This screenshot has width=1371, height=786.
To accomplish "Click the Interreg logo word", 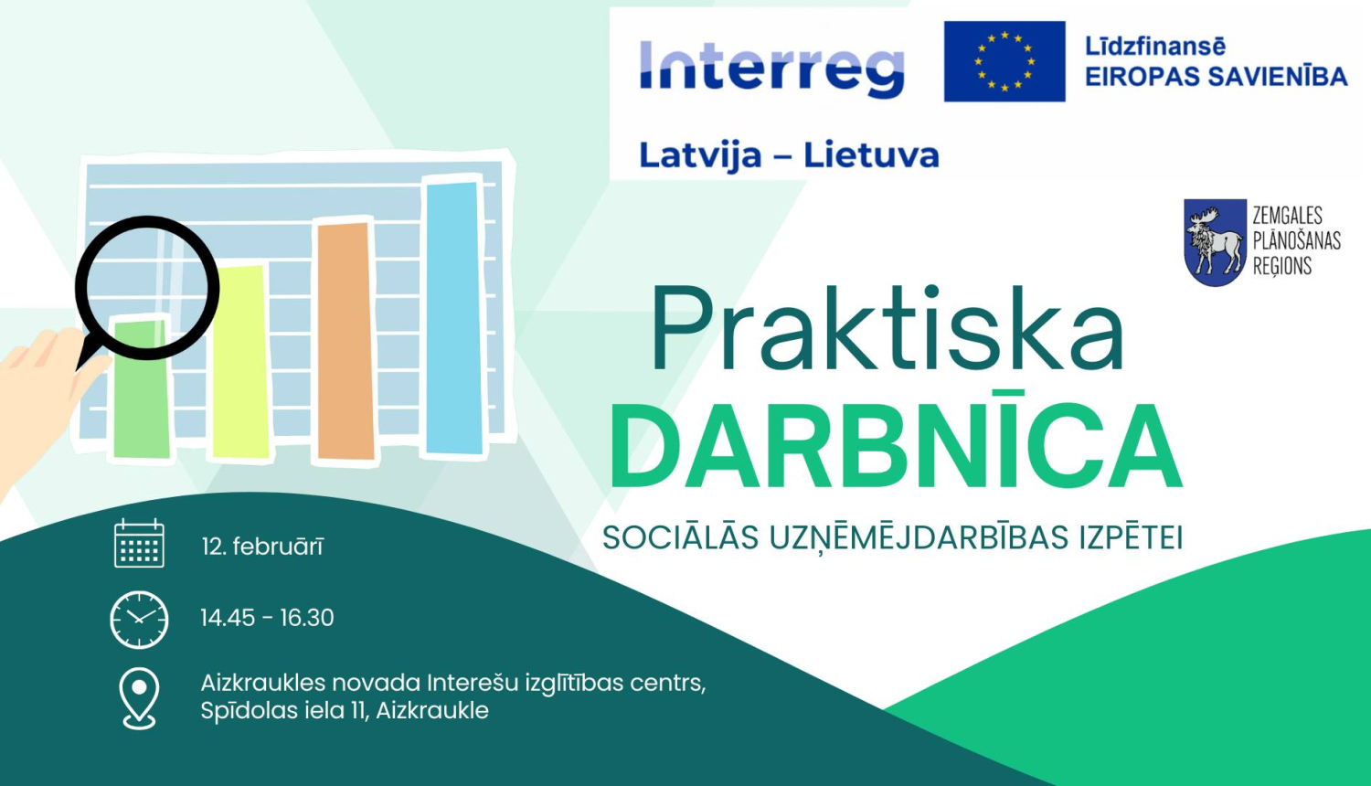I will pyautogui.click(x=771, y=68).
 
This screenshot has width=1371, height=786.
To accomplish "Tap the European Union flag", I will pyautogui.click(x=1004, y=61).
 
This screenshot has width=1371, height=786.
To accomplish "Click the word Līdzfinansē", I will pyautogui.click(x=1154, y=47).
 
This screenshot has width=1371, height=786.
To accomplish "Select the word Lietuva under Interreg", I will pyautogui.click(x=871, y=155).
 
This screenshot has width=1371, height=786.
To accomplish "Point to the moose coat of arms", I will pyautogui.click(x=1215, y=242).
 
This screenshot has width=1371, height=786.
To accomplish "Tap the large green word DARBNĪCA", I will pyautogui.click(x=896, y=448).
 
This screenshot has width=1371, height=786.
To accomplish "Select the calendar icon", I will pyautogui.click(x=139, y=544).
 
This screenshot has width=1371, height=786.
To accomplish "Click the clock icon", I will pyautogui.click(x=139, y=619).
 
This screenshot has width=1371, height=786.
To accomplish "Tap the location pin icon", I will pyautogui.click(x=139, y=697).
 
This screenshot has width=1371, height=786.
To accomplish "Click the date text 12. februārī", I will pyautogui.click(x=262, y=547).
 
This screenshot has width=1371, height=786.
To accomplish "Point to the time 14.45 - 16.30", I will pyautogui.click(x=267, y=618).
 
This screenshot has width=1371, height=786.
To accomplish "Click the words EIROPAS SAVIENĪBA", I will pyautogui.click(x=1216, y=77).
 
